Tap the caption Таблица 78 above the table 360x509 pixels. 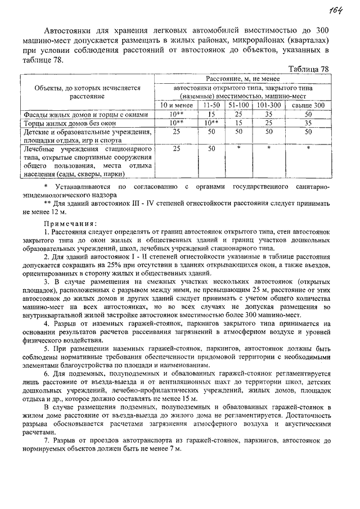(308, 69)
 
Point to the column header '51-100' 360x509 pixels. (238, 105)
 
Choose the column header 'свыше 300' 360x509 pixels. (308, 105)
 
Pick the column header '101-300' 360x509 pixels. (269, 105)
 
